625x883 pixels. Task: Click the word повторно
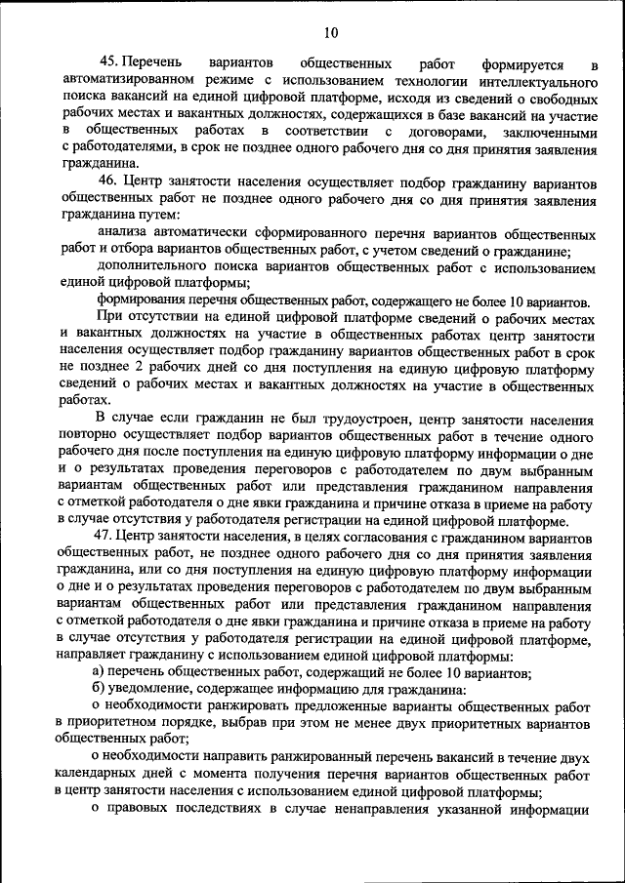pyautogui.click(x=88, y=436)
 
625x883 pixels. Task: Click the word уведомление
pyautogui.click(x=158, y=689)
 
